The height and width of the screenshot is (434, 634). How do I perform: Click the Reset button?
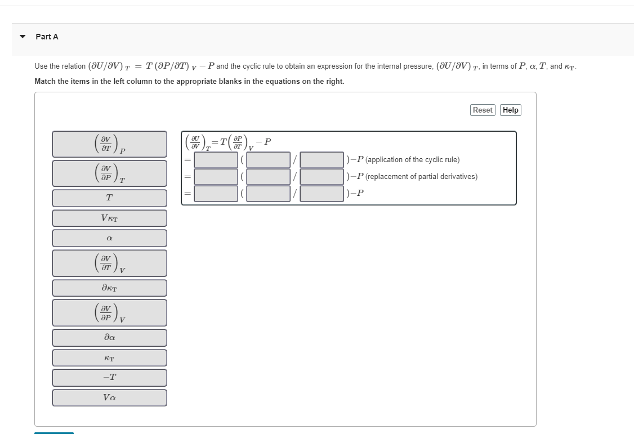pyautogui.click(x=483, y=110)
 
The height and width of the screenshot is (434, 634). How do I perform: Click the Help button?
pyautogui.click(x=510, y=110)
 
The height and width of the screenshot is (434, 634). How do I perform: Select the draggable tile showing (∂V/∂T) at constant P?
pyautogui.click(x=110, y=144)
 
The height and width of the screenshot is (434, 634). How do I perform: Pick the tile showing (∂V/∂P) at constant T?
pyautogui.click(x=110, y=173)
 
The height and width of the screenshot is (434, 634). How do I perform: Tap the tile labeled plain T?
pyautogui.click(x=110, y=198)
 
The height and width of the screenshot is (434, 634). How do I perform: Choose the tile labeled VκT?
pyautogui.click(x=110, y=218)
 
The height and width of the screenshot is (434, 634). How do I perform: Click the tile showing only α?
pyautogui.click(x=110, y=238)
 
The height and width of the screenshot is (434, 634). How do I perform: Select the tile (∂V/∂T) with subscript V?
pyautogui.click(x=110, y=263)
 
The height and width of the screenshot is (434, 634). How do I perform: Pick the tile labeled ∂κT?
pyautogui.click(x=110, y=288)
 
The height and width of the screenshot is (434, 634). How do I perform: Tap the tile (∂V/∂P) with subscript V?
pyautogui.click(x=110, y=312)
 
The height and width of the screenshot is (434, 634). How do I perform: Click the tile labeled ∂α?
pyautogui.click(x=110, y=338)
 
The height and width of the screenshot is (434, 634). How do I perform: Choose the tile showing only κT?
pyautogui.click(x=110, y=358)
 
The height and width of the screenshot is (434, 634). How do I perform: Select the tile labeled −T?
pyautogui.click(x=110, y=378)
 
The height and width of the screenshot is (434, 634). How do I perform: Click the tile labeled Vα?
pyautogui.click(x=110, y=398)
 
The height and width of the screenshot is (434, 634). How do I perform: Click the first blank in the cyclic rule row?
pyautogui.click(x=216, y=160)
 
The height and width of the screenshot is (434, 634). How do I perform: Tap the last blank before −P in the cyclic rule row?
pyautogui.click(x=322, y=160)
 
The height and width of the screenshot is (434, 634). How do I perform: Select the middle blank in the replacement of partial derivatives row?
pyautogui.click(x=269, y=177)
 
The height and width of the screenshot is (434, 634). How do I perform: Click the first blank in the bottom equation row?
pyautogui.click(x=216, y=194)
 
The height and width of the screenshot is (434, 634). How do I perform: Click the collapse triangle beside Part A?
pyautogui.click(x=23, y=37)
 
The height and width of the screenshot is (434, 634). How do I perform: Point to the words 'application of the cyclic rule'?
pyautogui.click(x=413, y=160)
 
